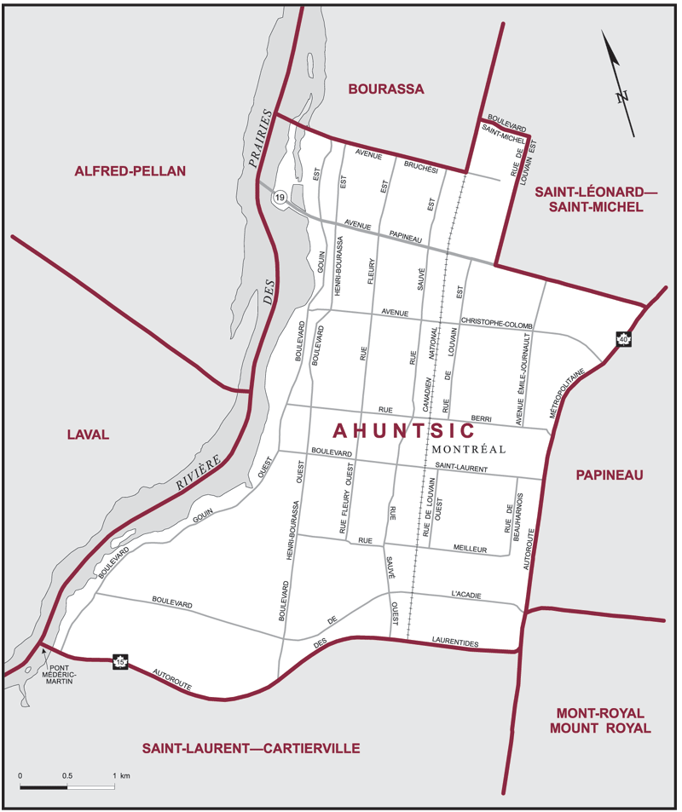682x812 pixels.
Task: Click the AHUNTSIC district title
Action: click(403, 431)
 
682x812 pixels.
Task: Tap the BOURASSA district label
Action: click(385, 89)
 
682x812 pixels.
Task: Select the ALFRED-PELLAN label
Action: click(130, 171)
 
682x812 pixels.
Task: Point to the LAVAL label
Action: click(88, 435)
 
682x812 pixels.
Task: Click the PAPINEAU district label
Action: click(610, 475)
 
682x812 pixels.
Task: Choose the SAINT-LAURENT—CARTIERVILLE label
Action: click(251, 748)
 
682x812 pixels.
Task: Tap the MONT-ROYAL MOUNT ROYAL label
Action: click(600, 720)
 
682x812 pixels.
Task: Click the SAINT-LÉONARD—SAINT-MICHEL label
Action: click(596, 200)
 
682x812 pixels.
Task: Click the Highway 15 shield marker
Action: click(121, 660)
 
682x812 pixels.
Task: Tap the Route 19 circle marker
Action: click(279, 198)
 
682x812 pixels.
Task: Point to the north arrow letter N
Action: click(622, 96)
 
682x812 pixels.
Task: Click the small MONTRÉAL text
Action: click(469, 449)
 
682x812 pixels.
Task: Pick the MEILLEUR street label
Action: click(470, 550)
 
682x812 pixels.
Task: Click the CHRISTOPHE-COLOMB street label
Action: click(496, 323)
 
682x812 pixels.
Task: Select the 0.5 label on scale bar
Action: click(67, 776)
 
